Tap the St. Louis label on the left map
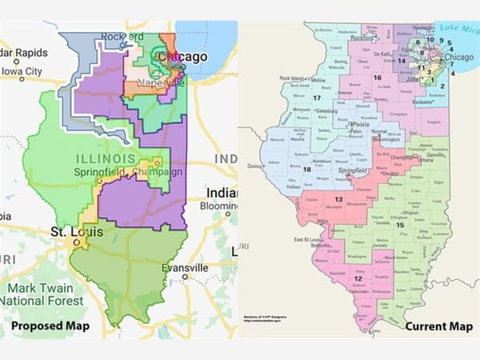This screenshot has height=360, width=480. pos(69,232)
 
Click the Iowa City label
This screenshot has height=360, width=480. pos(22,71)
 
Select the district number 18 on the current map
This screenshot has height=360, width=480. pos(306,169)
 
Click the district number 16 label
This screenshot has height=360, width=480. pos(376,77)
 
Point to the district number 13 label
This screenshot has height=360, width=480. pos(338,199)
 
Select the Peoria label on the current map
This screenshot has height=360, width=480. pos(358,126)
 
